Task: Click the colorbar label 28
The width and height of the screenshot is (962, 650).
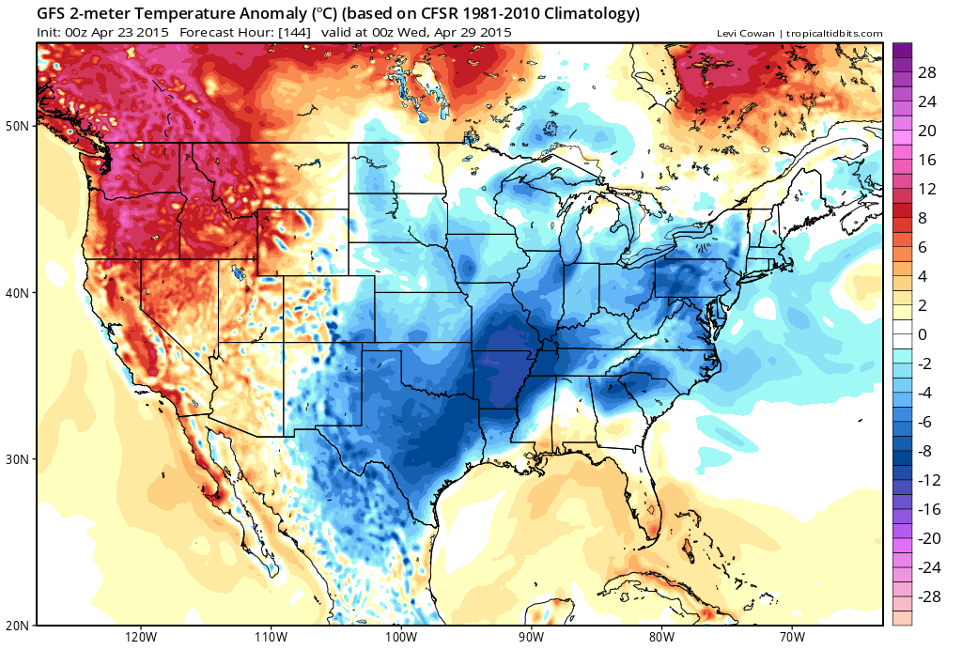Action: click(x=928, y=72)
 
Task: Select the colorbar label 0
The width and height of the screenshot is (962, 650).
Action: click(x=923, y=333)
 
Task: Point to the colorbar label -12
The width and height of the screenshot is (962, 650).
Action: click(x=928, y=479)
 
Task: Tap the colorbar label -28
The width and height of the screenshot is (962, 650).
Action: click(x=928, y=596)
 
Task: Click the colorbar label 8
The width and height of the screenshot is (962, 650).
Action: click(x=923, y=217)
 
